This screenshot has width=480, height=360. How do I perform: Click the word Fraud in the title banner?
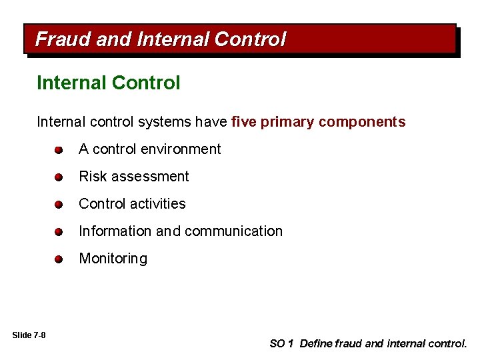tap(63, 40)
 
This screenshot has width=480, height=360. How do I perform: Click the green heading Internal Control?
tap(109, 83)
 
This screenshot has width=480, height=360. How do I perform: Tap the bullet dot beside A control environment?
tap(59, 150)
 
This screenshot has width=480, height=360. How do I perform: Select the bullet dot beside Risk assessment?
tap(59, 177)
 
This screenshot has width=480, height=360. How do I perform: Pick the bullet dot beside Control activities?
tap(59, 205)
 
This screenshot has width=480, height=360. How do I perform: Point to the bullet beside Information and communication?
tap(59, 232)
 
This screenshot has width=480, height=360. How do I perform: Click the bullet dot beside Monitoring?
tap(59, 259)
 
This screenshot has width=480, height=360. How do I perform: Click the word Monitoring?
tap(113, 259)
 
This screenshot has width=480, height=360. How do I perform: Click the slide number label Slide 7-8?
tap(29, 335)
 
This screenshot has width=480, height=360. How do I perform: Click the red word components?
tap(361, 122)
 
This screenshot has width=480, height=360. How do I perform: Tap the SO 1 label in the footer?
tap(281, 344)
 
